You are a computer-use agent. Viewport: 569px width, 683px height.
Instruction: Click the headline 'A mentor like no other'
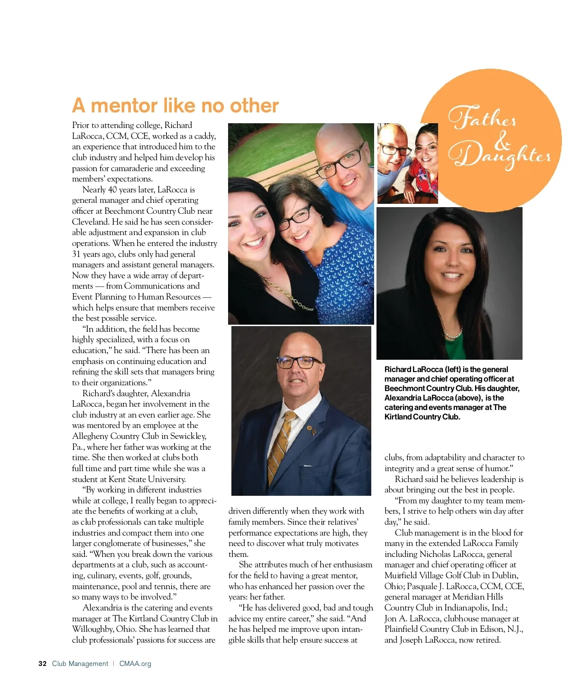(x=175, y=106)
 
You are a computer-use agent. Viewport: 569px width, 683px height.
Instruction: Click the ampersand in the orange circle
(x=502, y=139)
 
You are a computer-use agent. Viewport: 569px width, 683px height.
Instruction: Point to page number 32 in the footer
(x=43, y=664)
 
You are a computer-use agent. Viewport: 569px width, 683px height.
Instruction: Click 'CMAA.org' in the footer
(x=135, y=664)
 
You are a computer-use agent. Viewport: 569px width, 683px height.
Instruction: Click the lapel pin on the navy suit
(x=312, y=430)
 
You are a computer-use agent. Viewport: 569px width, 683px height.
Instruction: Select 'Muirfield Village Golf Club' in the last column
(x=436, y=575)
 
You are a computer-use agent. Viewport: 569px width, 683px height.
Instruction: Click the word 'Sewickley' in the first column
(x=186, y=436)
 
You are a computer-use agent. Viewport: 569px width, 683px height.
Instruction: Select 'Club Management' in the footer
(x=80, y=664)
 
